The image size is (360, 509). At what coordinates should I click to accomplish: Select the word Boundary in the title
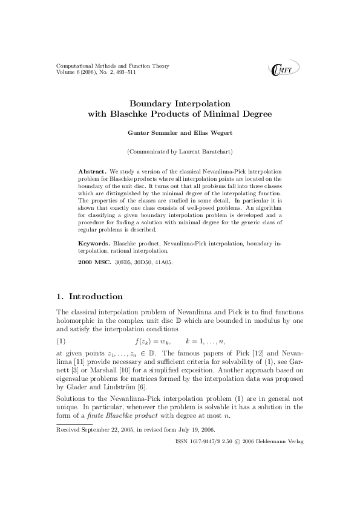pos(153,103)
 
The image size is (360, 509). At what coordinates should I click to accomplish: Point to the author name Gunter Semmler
pos(148,132)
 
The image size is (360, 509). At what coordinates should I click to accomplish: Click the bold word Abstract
pos(93,172)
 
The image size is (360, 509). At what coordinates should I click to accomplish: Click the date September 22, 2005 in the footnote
pos(105,430)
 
